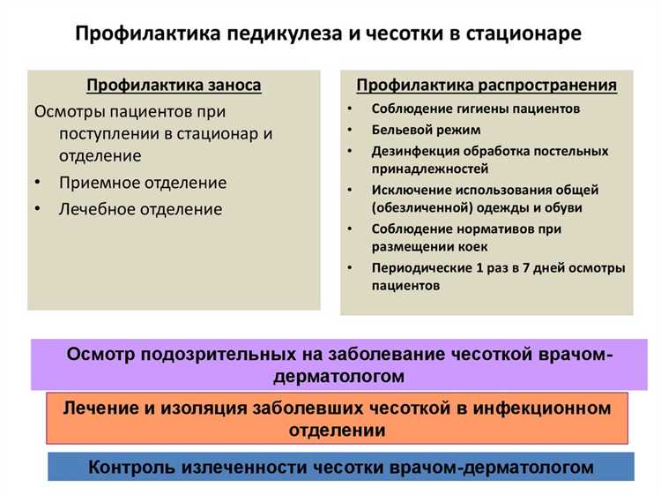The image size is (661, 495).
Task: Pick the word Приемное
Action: (99, 183)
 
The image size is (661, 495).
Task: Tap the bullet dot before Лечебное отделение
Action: (39, 210)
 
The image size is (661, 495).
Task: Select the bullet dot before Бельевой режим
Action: (350, 130)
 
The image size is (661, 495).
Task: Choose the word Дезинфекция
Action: (413, 151)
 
